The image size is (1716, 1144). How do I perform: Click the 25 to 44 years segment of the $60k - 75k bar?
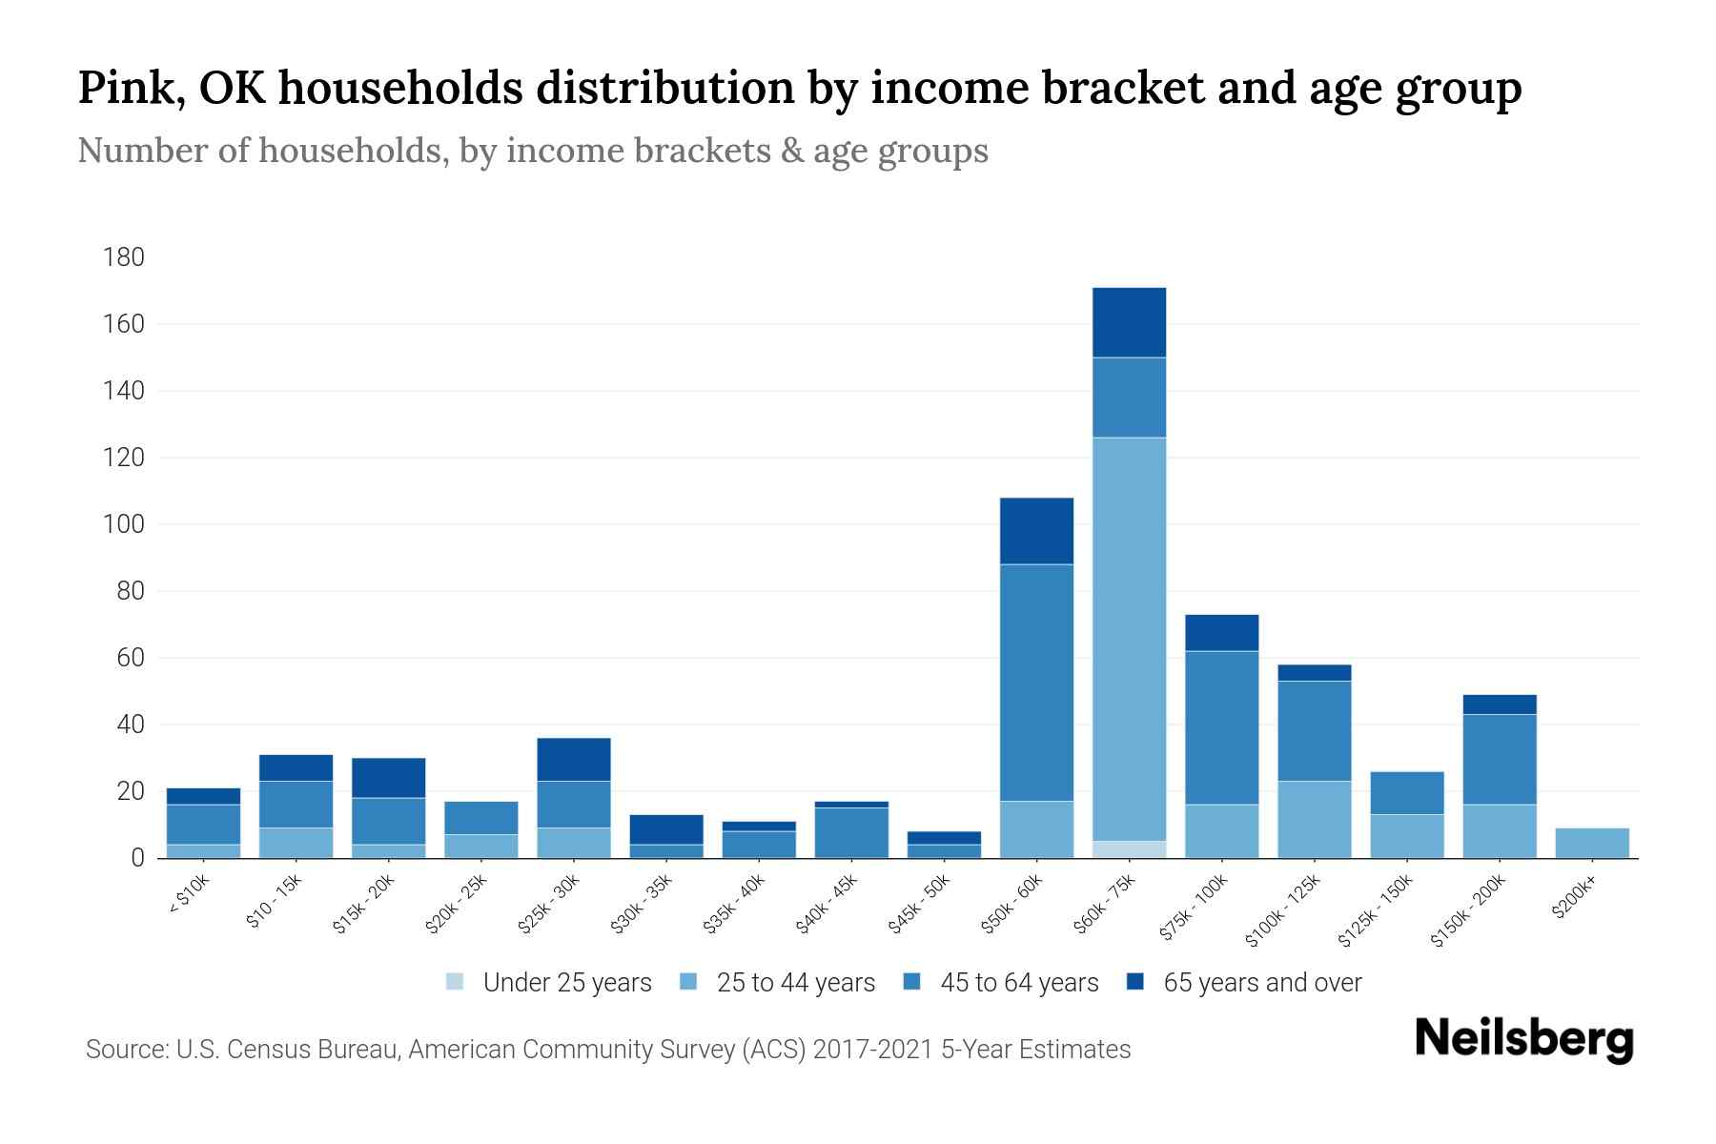tap(1129, 639)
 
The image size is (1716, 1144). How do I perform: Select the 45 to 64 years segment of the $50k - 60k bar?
tap(1036, 683)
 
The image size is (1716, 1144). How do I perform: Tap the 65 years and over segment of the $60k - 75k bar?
tap(1129, 322)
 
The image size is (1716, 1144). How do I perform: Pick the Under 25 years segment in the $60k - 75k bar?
tap(1129, 849)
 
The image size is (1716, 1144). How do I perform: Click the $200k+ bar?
tap(1591, 844)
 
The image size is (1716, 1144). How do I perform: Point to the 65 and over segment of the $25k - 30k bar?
tap(574, 760)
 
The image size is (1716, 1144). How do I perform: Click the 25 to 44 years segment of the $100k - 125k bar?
tap(1314, 820)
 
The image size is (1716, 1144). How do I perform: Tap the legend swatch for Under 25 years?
tap(456, 982)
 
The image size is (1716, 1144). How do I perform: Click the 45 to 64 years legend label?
tap(1018, 983)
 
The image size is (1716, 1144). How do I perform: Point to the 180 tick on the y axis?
tap(124, 257)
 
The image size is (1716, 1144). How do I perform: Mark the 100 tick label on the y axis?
tap(124, 524)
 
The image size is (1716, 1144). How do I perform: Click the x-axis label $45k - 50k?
tap(920, 903)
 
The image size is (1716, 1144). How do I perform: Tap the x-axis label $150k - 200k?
tap(1468, 910)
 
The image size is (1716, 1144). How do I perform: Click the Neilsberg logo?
tap(1523, 1038)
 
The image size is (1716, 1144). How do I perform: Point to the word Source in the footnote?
tap(124, 1050)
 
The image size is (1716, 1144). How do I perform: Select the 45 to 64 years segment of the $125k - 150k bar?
tap(1406, 793)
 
